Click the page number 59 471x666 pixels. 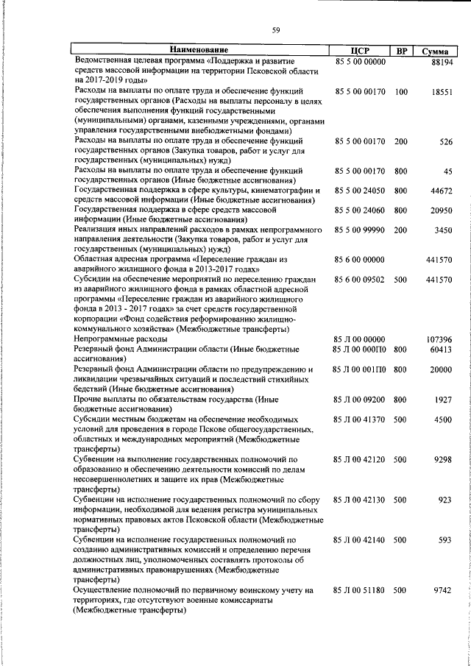pos(276,30)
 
